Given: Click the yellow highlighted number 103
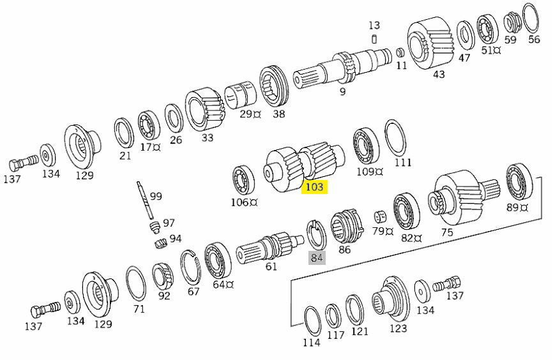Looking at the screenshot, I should (x=315, y=187).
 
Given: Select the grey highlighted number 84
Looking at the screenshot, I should (x=317, y=258).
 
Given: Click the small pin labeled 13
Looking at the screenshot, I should (x=374, y=40).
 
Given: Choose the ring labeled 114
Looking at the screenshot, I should (x=312, y=320).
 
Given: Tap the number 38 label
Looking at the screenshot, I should (x=279, y=114).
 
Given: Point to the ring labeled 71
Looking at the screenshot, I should (x=135, y=284).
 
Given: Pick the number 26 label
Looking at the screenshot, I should (x=176, y=140).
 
